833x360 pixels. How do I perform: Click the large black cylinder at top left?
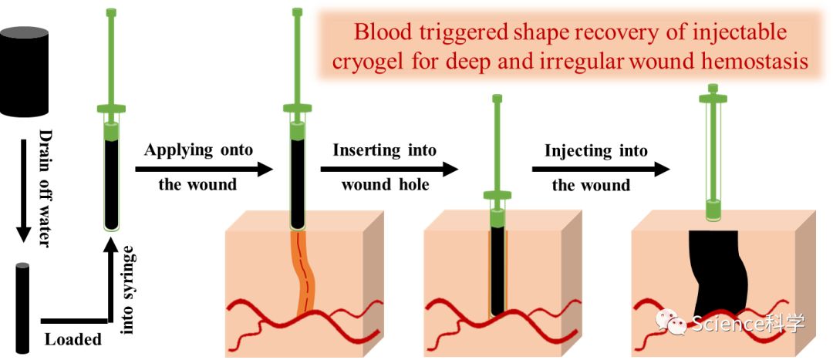click(25, 71)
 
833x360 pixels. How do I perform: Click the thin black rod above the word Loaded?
click(22, 308)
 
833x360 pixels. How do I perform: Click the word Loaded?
click(73, 339)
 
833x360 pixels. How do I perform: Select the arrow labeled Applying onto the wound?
click(204, 170)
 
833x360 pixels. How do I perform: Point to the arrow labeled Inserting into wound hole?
click(390, 170)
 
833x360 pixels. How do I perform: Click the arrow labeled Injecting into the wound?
click(601, 170)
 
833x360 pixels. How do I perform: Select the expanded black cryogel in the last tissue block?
click(718, 274)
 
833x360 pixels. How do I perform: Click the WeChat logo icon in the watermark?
click(671, 321)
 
